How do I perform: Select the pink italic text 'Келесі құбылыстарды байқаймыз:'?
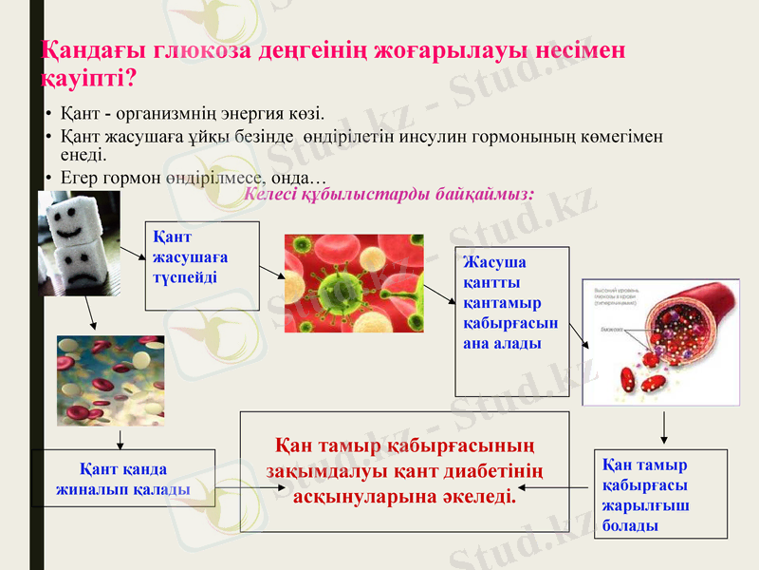pyautogui.click(x=389, y=193)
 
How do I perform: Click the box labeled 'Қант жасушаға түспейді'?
pyautogui.click(x=201, y=266)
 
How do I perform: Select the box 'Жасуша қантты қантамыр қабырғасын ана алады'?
pyautogui.click(x=512, y=321)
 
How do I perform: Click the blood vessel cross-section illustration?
pyautogui.click(x=659, y=342)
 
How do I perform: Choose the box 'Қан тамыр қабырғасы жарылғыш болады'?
pyautogui.click(x=660, y=494)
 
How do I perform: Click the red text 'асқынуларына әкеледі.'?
pyautogui.click(x=405, y=497)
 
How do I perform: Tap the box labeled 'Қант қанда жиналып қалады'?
pyautogui.click(x=123, y=479)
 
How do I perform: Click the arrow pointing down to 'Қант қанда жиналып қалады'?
pyautogui.click(x=120, y=440)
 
